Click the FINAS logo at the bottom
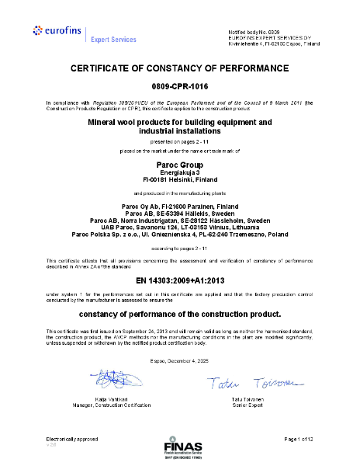(x=180, y=448)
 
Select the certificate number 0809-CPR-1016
(x=179, y=86)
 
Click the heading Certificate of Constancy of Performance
(x=179, y=68)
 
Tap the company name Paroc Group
(x=179, y=163)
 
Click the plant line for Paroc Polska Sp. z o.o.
(x=179, y=232)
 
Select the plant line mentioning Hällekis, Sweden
(x=179, y=212)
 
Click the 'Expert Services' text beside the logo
(x=113, y=39)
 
